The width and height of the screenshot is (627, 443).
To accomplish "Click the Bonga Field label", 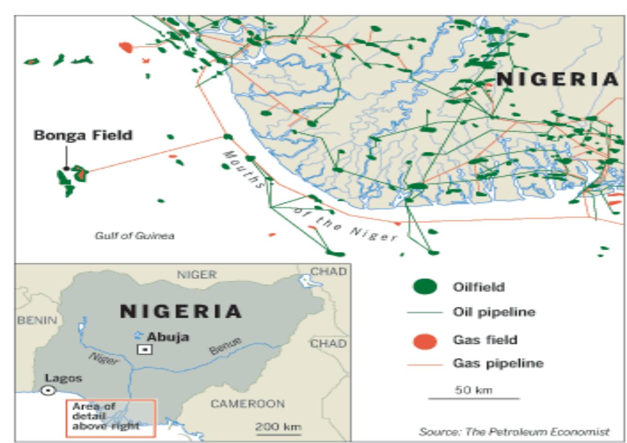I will click(83, 135).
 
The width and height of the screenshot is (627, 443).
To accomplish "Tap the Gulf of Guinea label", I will click(134, 236).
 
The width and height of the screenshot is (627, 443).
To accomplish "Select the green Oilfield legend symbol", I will click(425, 286).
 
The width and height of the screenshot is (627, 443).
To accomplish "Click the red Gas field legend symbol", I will click(425, 341).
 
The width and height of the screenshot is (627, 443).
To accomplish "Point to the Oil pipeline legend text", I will click(494, 312).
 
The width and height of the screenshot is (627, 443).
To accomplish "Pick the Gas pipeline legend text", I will click(498, 364).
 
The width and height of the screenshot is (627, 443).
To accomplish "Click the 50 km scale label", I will click(473, 390).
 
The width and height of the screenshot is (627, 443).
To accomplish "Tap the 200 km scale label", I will click(278, 426).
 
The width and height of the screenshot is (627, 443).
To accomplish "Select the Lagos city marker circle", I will click(48, 390).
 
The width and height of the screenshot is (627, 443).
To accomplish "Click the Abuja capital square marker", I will click(145, 350).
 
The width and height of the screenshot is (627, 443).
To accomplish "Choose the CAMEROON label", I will click(247, 404).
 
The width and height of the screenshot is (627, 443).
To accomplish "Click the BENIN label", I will click(37, 320).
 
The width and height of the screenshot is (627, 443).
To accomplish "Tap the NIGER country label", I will click(197, 274).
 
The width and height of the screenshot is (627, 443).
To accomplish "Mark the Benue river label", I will click(226, 346).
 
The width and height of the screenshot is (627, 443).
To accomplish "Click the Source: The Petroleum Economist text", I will click(514, 432).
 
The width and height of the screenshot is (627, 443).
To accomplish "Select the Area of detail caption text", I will click(106, 416).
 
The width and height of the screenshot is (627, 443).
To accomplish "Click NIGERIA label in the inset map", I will click(181, 311).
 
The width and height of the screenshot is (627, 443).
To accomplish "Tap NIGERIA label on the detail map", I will click(557, 79).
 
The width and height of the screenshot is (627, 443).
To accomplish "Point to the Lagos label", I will click(64, 378).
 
